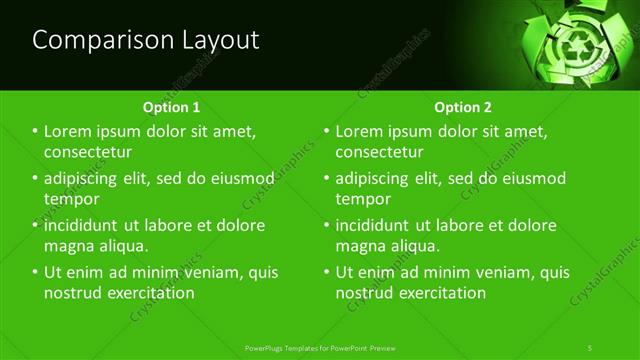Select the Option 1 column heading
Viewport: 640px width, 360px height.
(x=171, y=106)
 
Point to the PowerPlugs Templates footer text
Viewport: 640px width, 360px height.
(x=320, y=348)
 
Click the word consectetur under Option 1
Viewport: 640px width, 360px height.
(x=88, y=152)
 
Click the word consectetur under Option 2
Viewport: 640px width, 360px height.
(x=379, y=152)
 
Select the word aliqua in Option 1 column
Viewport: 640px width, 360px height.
(x=123, y=245)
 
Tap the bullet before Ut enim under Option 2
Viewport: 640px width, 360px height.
(x=326, y=272)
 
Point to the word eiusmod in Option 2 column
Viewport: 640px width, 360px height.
(x=535, y=179)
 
